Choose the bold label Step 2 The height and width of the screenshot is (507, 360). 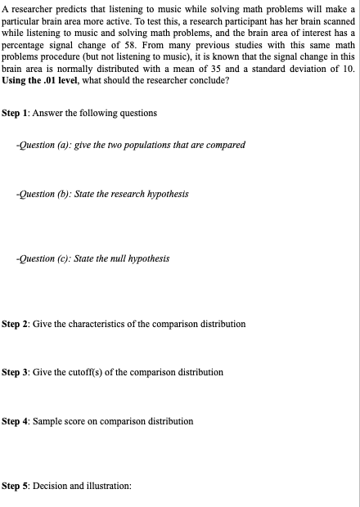click(16, 325)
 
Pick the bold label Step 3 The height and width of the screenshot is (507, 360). click(16, 372)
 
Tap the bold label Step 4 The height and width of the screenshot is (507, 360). click(16, 421)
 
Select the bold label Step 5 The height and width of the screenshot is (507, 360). click(16, 486)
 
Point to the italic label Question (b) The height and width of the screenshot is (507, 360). click(43, 194)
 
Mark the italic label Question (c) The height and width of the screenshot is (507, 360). click(43, 258)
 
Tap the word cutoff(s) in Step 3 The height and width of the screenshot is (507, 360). click(84, 372)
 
